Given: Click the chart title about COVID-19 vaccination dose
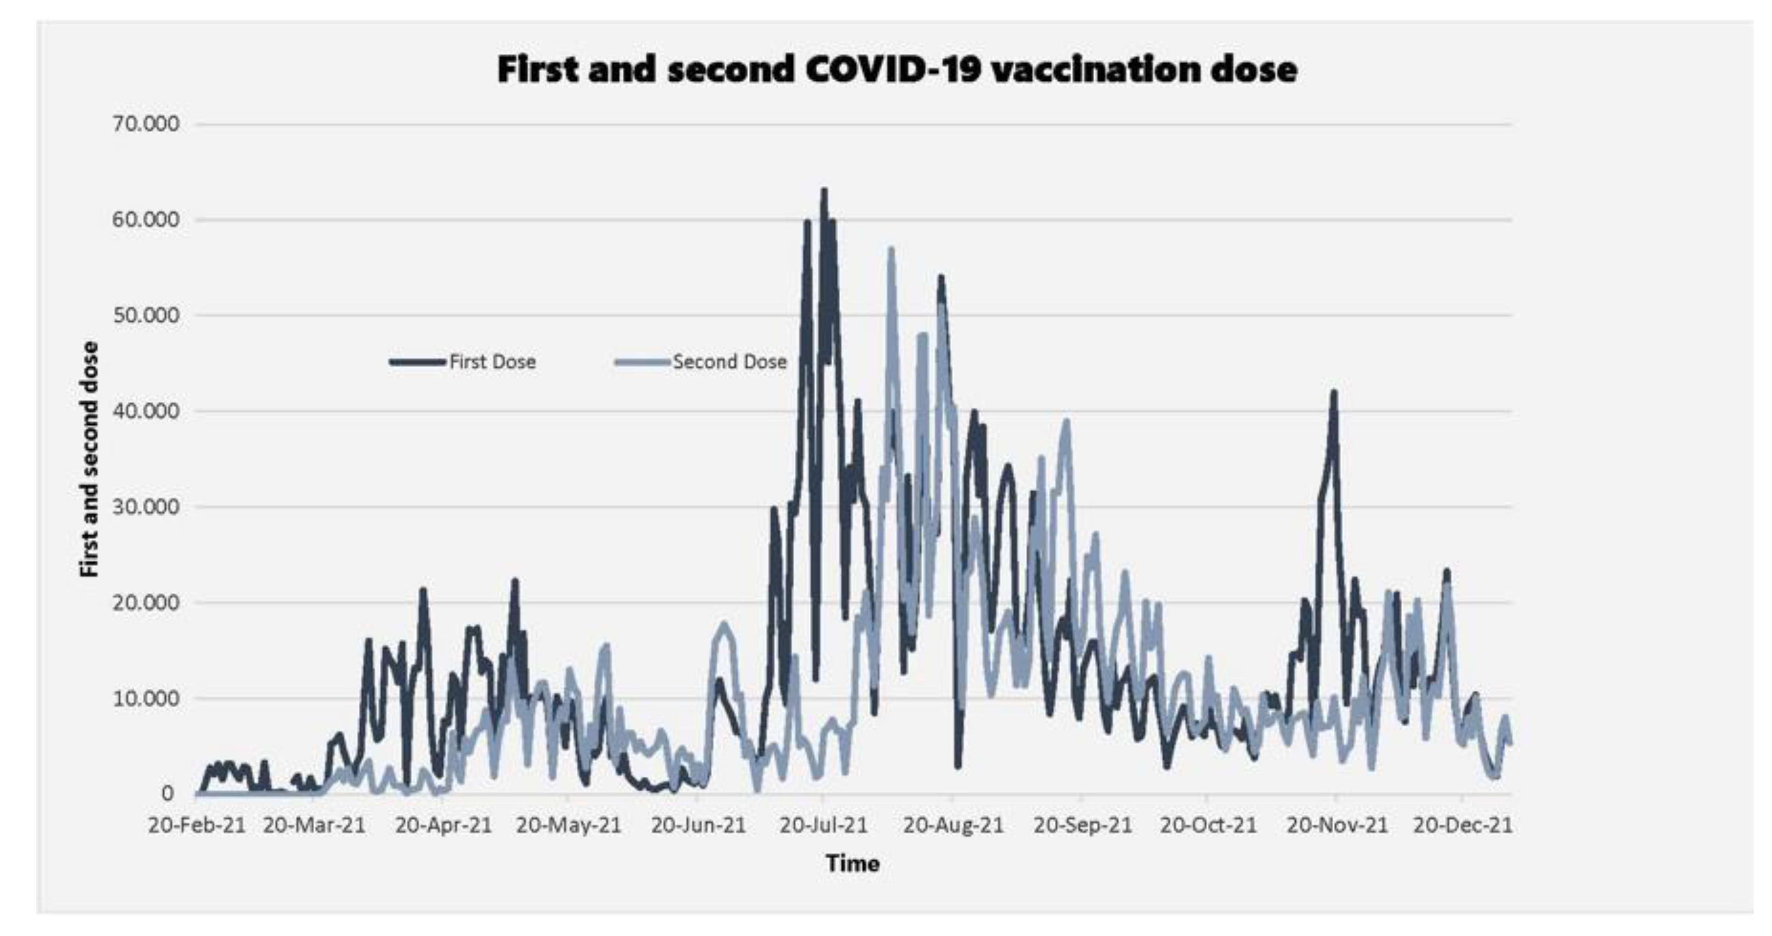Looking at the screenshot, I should pyautogui.click(x=896, y=69).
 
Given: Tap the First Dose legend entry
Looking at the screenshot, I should pyautogui.click(x=492, y=362).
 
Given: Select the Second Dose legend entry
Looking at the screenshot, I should pyautogui.click(x=729, y=362).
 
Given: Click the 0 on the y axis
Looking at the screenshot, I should pyautogui.click(x=167, y=793).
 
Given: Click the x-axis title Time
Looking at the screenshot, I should pyautogui.click(x=853, y=863).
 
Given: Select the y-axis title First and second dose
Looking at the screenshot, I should pyautogui.click(x=89, y=459).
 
